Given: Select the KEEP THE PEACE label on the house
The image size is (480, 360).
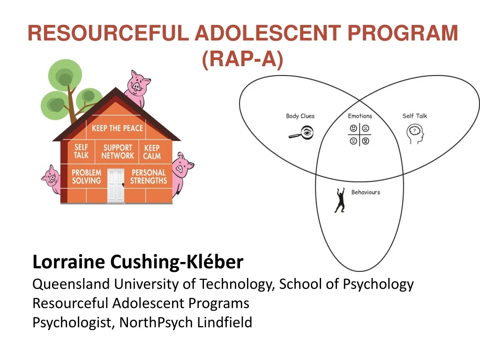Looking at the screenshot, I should [117, 128].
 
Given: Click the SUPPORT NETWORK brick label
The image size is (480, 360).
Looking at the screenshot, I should [118, 151].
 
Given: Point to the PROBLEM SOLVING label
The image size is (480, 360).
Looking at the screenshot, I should [86, 177].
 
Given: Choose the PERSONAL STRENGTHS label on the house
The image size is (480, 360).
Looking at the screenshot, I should [149, 177].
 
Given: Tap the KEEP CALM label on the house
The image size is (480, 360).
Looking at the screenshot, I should [152, 152].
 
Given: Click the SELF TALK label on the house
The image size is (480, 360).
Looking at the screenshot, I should [81, 151].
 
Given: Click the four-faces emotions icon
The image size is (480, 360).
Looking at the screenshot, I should [360, 134].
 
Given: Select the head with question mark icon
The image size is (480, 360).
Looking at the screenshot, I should [415, 133].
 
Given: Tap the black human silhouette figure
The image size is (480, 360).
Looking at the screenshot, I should [340, 200].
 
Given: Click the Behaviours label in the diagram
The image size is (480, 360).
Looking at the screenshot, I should [366, 192].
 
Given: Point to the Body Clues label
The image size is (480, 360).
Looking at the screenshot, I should [300, 116].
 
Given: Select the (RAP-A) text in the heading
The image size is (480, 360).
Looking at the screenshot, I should [243, 59].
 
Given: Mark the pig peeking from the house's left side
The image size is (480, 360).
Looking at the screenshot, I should [52, 179].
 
